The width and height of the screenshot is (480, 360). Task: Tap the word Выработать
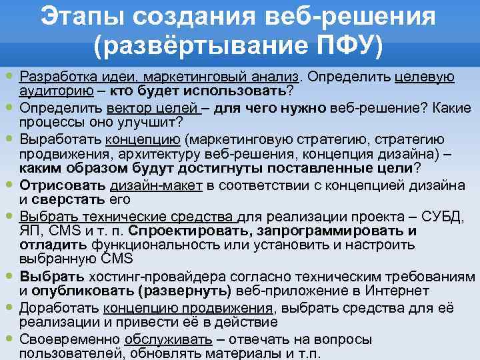tap(59, 139)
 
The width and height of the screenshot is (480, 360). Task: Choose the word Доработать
tap(58, 307)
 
